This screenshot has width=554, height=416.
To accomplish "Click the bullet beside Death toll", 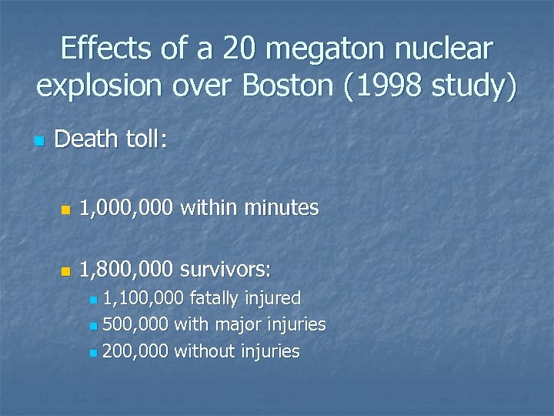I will (x=39, y=142).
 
